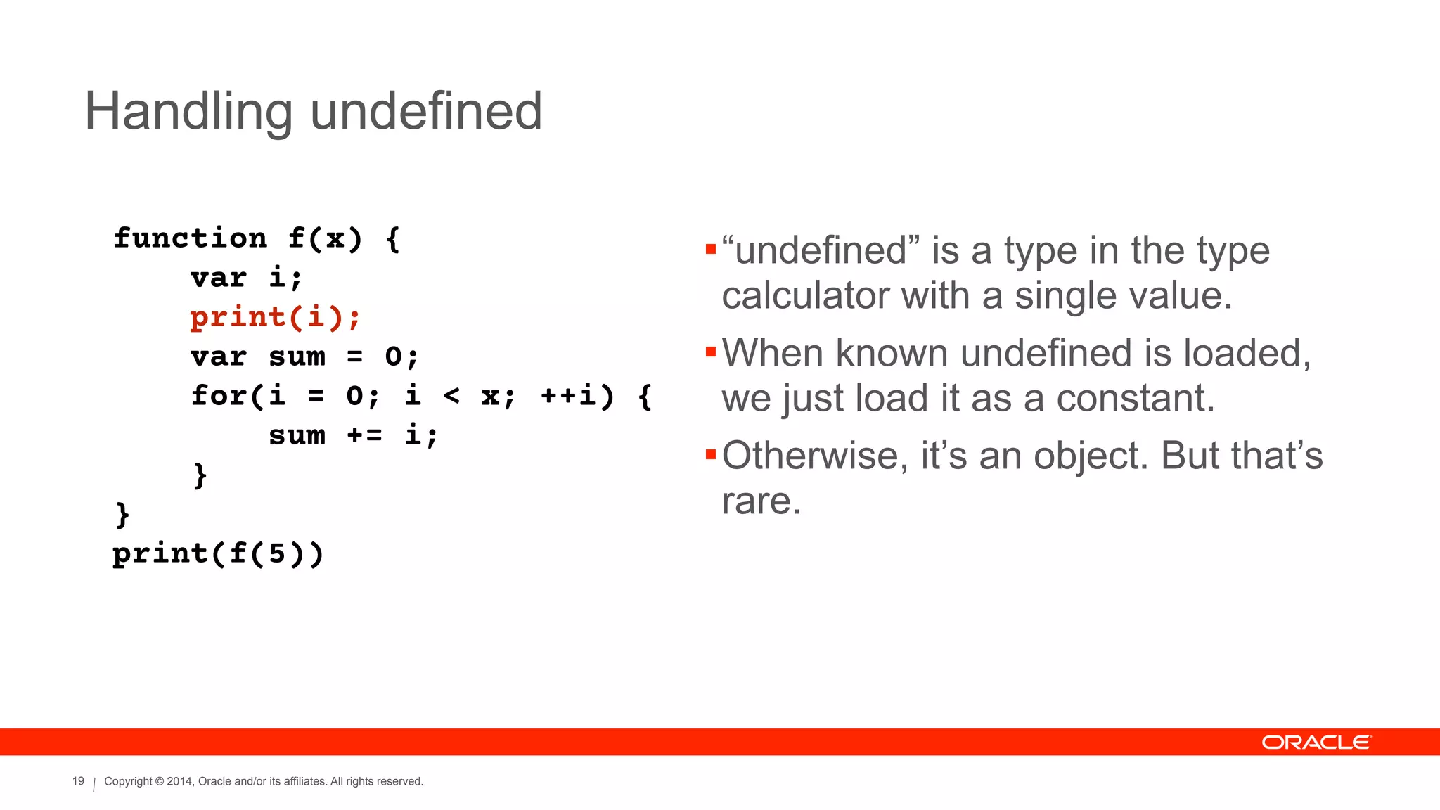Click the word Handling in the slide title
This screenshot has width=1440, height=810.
point(188,112)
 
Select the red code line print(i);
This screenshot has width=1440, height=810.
point(276,317)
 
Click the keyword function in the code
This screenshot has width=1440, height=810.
point(191,238)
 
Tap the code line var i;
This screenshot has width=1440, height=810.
point(247,278)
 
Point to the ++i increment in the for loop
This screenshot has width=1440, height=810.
point(568,396)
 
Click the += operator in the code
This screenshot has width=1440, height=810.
point(364,435)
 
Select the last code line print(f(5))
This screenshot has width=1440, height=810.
point(218,553)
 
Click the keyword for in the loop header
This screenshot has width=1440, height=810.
point(219,396)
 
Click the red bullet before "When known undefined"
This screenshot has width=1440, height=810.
point(710,352)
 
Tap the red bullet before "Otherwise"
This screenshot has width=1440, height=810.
point(710,454)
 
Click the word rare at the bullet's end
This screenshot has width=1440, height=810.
point(761,501)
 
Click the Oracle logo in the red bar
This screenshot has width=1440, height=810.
point(1316,742)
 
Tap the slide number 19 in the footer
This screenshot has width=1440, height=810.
point(78,781)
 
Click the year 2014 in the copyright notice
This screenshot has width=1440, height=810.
point(179,781)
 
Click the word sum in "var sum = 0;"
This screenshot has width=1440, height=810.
point(297,356)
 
